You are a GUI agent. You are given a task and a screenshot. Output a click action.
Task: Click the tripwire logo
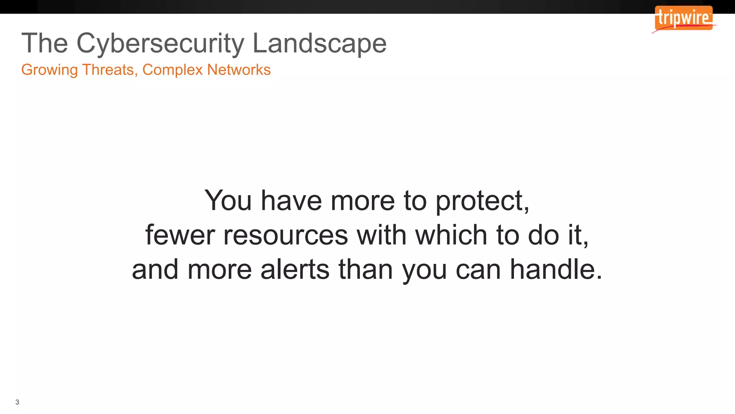tap(683, 18)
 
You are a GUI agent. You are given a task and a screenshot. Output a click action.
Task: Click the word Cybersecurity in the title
tap(160, 43)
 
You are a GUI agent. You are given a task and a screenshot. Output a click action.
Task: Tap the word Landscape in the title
tap(319, 43)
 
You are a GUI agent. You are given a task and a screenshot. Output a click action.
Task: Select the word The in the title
tap(45, 43)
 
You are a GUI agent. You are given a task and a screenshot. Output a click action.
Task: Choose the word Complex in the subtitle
tap(172, 70)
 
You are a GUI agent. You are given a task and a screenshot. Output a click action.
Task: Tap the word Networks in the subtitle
tap(239, 69)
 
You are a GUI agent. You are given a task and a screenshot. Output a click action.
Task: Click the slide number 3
tap(17, 402)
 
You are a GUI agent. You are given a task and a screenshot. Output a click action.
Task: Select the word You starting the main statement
tap(228, 201)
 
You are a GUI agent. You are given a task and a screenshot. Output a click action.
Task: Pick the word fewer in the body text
tap(180, 235)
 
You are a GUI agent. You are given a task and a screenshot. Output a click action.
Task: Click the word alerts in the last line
tap(295, 270)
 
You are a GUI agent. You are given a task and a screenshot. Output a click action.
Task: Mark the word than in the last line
tap(366, 270)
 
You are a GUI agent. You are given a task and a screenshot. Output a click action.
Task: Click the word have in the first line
tap(291, 201)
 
